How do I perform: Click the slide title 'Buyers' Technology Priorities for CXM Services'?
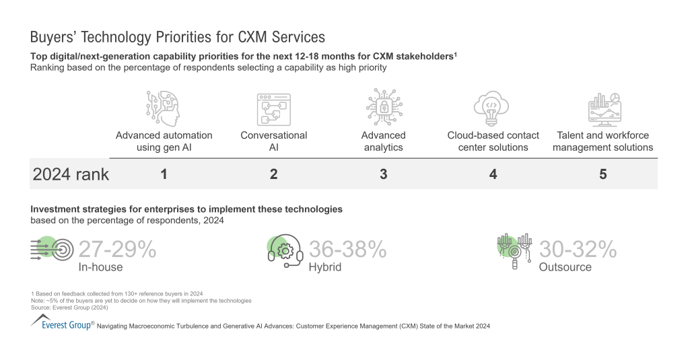pyautogui.click(x=178, y=36)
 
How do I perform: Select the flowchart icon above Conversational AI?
pyautogui.click(x=273, y=110)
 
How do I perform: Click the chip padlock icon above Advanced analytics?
pyautogui.click(x=383, y=108)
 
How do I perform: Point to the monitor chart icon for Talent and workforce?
pyautogui.click(x=603, y=110)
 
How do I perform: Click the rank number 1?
pyautogui.click(x=164, y=174)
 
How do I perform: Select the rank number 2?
pyautogui.click(x=273, y=174)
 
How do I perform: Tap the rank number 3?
pyautogui.click(x=383, y=174)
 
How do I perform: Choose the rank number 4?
pyautogui.click(x=493, y=174)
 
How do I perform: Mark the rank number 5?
pyautogui.click(x=603, y=174)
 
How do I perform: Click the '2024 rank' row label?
pyautogui.click(x=71, y=174)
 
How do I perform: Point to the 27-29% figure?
pyautogui.click(x=117, y=250)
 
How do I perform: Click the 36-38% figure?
pyautogui.click(x=347, y=250)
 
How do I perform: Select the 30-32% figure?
pyautogui.click(x=578, y=250)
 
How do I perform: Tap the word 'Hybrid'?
pyautogui.click(x=325, y=267)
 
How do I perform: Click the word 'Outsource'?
pyautogui.click(x=565, y=267)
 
